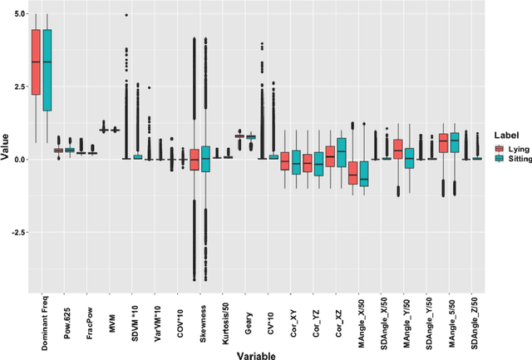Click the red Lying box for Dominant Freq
click(x=36, y=62)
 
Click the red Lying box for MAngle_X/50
click(x=352, y=173)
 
